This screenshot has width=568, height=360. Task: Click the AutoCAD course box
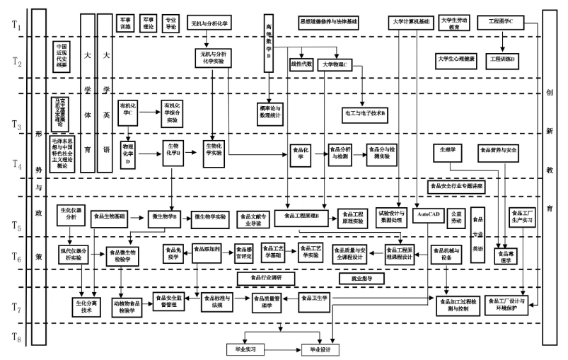tap(429, 213)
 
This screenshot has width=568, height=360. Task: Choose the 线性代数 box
tap(302, 64)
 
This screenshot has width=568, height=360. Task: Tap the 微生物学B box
tap(166, 216)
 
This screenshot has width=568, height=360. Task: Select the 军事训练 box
tap(125, 22)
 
